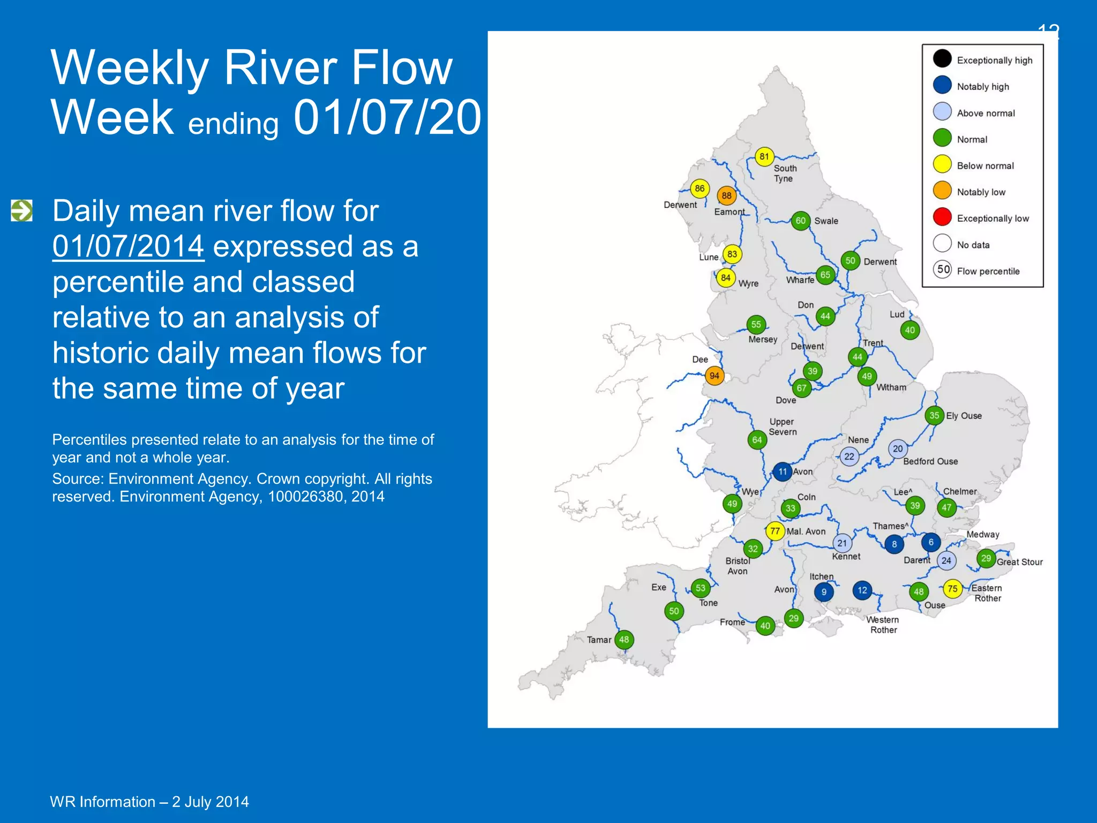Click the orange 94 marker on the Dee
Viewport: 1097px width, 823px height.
[714, 376]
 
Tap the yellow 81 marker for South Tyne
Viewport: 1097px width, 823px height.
[764, 156]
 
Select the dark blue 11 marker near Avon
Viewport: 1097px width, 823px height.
[783, 472]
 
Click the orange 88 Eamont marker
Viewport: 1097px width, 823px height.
[726, 196]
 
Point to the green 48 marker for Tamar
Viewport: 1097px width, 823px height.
[624, 639]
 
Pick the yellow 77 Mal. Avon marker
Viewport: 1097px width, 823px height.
[775, 531]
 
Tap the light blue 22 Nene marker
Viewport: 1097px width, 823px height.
[849, 457]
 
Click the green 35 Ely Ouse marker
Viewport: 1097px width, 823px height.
[934, 415]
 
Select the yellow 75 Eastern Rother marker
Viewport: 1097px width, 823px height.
[952, 588]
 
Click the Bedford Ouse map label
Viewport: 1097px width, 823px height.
[930, 461]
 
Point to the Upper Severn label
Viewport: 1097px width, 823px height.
[783, 427]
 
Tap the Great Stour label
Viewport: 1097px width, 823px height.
[1019, 562]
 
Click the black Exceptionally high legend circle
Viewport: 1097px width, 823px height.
[942, 58]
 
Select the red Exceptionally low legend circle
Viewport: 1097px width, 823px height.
[942, 216]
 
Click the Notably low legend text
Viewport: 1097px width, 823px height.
[981, 192]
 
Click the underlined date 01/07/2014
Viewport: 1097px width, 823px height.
[128, 246]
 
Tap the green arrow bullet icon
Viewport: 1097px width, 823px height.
[21, 211]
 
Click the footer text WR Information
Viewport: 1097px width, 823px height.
[102, 802]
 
